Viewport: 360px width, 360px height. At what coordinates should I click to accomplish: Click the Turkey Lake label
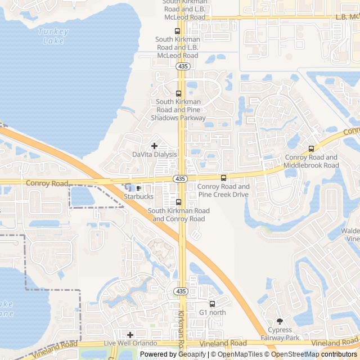point(53,36)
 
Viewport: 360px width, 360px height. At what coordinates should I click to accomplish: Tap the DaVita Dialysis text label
point(154,154)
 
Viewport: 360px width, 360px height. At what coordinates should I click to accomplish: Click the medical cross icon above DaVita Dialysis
point(154,146)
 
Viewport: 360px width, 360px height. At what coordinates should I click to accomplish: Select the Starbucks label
point(138,196)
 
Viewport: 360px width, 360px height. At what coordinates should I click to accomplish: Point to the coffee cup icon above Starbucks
point(138,188)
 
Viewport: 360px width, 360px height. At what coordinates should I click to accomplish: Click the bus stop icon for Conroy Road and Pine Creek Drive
point(223,178)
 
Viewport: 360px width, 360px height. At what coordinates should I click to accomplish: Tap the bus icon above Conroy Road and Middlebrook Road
point(311,149)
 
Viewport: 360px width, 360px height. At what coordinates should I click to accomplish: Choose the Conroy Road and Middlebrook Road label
point(312,161)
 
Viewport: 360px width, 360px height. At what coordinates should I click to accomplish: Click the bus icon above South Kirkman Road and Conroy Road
point(178,202)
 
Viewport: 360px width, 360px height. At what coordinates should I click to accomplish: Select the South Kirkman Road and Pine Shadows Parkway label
point(179,110)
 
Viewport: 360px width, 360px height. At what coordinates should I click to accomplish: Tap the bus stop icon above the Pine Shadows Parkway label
point(178,93)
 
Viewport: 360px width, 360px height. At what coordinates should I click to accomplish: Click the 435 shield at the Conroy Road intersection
point(181,178)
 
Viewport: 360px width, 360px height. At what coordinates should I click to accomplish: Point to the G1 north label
point(212,312)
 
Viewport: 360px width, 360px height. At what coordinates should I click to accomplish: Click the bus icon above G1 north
point(212,304)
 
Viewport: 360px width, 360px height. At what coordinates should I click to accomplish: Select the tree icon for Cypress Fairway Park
point(280,321)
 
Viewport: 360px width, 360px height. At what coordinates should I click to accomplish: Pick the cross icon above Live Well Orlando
point(130,335)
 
